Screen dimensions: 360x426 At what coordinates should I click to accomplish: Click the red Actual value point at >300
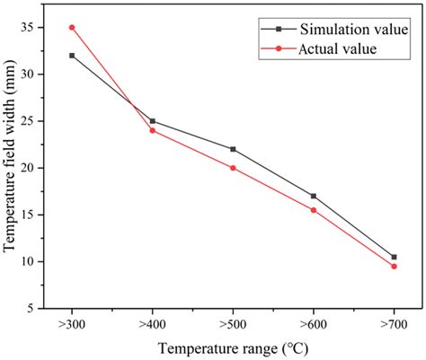coord(72,27)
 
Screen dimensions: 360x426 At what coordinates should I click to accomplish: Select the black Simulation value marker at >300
coord(72,56)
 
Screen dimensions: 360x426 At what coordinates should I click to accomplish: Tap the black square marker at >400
coord(152,120)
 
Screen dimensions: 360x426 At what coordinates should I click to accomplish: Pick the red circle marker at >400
coord(152,130)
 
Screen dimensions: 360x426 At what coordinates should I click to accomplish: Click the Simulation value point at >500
coord(233,149)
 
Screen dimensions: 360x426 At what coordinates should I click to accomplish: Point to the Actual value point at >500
coord(233,168)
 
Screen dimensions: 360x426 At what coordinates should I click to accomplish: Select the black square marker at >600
coord(313,196)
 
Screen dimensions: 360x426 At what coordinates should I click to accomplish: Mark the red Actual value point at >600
coord(313,210)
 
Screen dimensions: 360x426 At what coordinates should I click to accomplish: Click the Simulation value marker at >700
coord(394,257)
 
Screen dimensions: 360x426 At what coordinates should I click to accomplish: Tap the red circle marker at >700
coord(394,266)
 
